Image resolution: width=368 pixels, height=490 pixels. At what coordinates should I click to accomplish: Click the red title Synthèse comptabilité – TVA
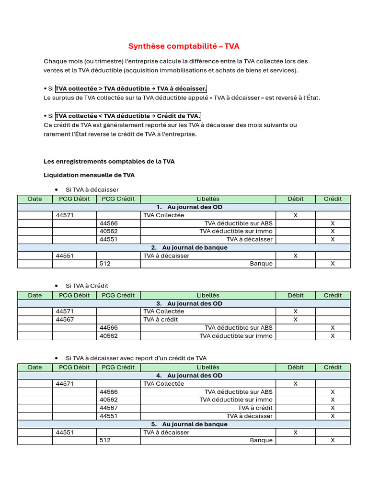tap(184, 46)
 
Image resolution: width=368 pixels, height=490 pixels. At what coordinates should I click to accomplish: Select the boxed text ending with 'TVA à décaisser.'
tap(131, 89)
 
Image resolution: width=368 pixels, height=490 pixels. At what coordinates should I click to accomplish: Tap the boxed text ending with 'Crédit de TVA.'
tap(128, 116)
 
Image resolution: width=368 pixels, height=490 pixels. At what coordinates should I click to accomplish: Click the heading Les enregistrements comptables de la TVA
tap(109, 162)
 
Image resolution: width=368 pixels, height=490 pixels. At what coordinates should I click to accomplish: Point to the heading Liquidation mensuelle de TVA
tap(89, 175)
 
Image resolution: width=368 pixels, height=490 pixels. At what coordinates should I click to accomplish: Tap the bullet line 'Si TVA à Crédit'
tap(87, 286)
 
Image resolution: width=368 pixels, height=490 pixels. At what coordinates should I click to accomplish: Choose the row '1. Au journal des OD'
tap(184, 207)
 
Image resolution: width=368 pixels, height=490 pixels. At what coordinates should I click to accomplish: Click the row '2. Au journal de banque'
tap(184, 247)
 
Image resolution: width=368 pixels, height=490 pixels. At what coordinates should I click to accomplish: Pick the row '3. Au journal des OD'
tap(184, 303)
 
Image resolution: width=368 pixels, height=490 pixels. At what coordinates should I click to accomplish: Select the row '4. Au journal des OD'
tap(184, 376)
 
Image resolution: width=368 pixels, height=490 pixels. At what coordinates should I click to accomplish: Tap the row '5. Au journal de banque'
tap(184, 424)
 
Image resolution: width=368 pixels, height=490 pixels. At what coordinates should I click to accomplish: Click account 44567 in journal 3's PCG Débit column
tap(65, 320)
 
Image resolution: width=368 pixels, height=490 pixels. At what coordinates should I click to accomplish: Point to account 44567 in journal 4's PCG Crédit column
tap(109, 408)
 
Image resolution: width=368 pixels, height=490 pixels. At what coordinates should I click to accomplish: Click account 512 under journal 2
tap(105, 264)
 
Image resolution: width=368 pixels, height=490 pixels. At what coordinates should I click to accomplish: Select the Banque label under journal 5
tap(261, 440)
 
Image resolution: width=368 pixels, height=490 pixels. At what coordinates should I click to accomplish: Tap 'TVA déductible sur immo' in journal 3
tap(236, 336)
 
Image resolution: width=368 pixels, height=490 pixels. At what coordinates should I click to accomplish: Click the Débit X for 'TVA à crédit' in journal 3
tap(295, 320)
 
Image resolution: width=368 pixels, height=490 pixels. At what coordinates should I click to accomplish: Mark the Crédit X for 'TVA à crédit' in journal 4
tap(333, 408)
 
